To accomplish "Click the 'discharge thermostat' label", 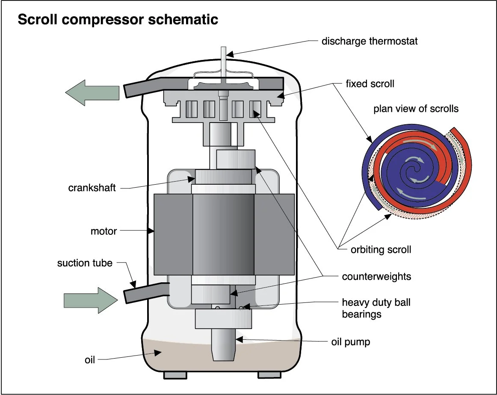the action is tap(370, 41).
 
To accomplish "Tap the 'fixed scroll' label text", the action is tap(370, 84).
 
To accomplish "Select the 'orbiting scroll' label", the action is tap(381, 250).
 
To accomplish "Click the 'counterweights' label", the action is tap(376, 277).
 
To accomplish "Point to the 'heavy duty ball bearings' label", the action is tap(376, 308).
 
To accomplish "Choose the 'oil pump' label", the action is tap(351, 342).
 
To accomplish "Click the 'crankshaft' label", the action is tap(92, 188).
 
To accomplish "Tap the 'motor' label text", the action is tap(104, 231).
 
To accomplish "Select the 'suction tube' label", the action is tap(85, 263).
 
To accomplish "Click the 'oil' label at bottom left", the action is tap(90, 360).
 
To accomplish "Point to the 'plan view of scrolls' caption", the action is tap(416, 109).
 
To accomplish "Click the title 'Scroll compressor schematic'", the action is tap(118, 19).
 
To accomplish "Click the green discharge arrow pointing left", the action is tap(92, 93).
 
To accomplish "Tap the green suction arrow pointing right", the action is tap(91, 300).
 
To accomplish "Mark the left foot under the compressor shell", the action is tap(175, 375).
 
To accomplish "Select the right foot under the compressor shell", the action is tap(269, 375).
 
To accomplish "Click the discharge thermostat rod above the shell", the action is tap(223, 62).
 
